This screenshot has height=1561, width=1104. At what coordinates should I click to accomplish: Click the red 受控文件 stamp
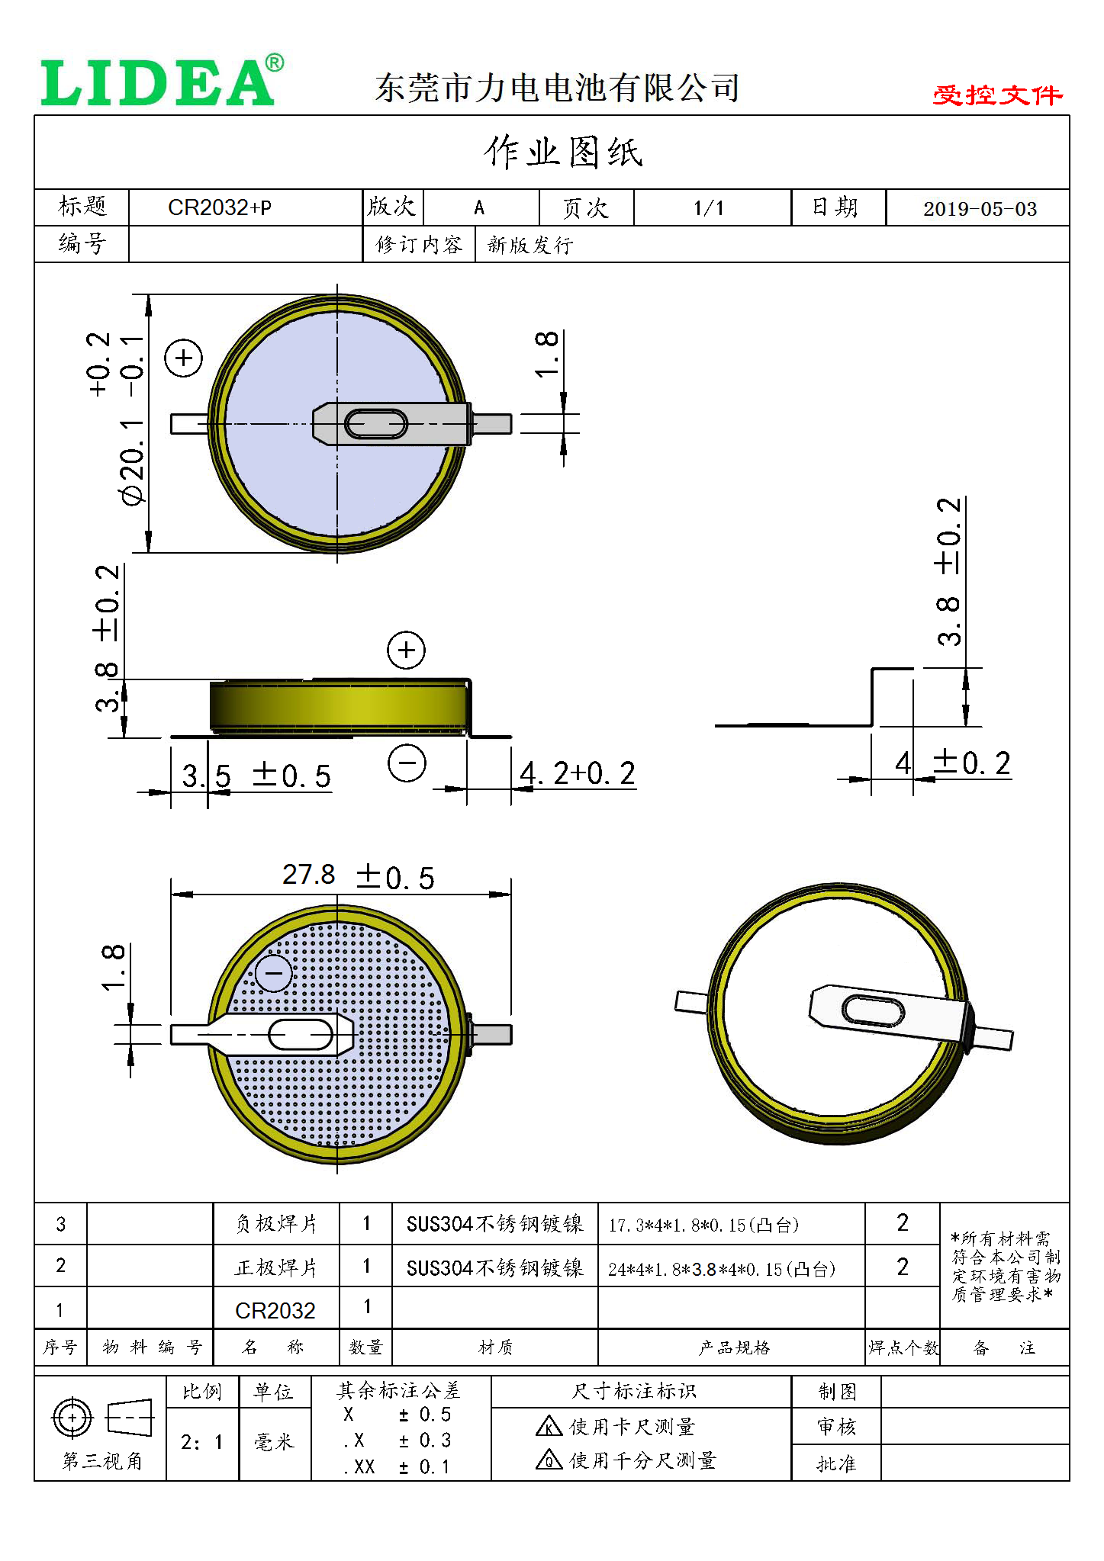click(996, 95)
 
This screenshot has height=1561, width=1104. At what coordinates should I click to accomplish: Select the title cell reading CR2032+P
click(220, 207)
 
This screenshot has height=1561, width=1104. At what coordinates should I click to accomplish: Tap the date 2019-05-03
click(980, 209)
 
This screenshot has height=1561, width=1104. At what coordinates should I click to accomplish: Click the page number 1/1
click(709, 207)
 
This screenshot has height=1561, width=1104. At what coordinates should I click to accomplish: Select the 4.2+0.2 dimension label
click(577, 773)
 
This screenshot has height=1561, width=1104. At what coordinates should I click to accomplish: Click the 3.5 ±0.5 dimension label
click(256, 776)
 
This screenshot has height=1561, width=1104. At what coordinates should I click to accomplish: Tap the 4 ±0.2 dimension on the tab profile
click(953, 763)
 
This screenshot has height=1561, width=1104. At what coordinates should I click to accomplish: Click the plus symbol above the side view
click(406, 650)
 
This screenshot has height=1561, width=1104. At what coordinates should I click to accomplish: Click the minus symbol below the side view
click(407, 763)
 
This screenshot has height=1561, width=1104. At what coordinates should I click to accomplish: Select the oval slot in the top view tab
click(376, 424)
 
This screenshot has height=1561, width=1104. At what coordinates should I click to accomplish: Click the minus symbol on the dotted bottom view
click(273, 973)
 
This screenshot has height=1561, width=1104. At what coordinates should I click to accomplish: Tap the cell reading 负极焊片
click(275, 1223)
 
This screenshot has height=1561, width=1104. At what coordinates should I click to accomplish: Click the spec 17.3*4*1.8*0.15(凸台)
click(703, 1225)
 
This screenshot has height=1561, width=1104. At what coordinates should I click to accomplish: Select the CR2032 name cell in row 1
click(275, 1310)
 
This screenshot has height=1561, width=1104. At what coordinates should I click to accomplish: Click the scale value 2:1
click(201, 1442)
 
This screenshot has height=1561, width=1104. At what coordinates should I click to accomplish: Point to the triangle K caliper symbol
click(549, 1426)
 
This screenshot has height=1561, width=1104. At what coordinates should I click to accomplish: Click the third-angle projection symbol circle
click(72, 1418)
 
